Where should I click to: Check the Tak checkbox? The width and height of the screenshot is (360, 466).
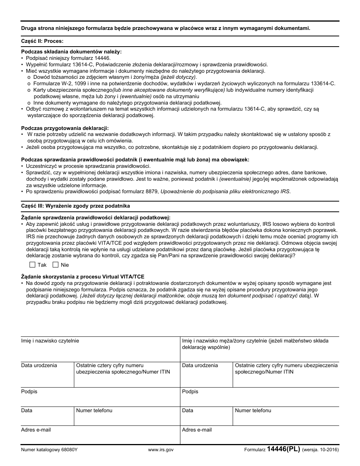click(32, 265)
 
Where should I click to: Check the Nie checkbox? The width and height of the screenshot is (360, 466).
click(56, 265)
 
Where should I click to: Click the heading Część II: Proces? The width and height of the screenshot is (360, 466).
click(42, 41)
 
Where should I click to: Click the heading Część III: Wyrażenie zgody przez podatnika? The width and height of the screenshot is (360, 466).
click(75, 206)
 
